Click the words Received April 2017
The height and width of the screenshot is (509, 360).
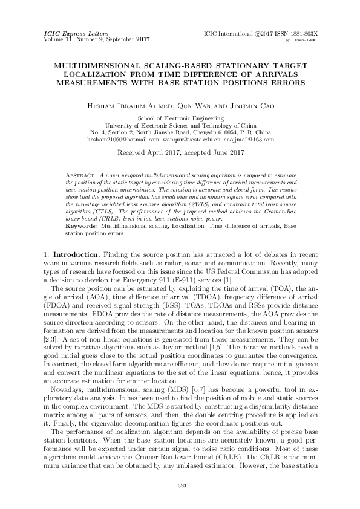(155, 152)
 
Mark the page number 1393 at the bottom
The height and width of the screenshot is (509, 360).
(180, 486)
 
